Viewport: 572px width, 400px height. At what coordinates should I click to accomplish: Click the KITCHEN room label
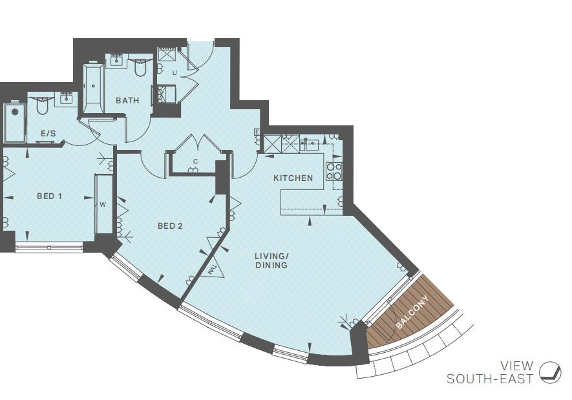click(293, 178)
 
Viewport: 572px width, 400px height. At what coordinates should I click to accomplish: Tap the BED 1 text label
click(49, 196)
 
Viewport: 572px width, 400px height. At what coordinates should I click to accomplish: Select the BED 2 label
click(170, 226)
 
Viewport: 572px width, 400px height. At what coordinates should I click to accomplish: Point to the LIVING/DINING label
click(271, 260)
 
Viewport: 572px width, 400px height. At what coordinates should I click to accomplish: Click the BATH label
click(127, 100)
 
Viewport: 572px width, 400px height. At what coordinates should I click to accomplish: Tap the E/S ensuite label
click(48, 134)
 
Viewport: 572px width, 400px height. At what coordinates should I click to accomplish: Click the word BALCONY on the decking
click(412, 311)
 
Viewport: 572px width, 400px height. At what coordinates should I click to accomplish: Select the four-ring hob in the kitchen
click(334, 171)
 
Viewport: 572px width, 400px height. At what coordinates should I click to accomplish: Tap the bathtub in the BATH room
click(93, 89)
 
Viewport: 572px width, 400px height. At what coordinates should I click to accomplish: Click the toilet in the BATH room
click(140, 67)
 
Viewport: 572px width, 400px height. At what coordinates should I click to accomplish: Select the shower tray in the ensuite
click(14, 123)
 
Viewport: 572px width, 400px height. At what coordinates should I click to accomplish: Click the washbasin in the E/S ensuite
click(65, 99)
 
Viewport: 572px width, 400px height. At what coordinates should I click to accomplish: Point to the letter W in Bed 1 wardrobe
click(102, 204)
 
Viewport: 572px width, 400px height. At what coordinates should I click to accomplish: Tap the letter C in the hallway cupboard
click(195, 162)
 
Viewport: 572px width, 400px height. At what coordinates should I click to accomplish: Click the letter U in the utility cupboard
click(174, 72)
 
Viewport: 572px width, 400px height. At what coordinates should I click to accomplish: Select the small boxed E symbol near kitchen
click(257, 132)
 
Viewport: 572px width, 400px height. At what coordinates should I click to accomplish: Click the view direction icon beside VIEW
click(550, 372)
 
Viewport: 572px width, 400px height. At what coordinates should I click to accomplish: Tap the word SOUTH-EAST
click(490, 379)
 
